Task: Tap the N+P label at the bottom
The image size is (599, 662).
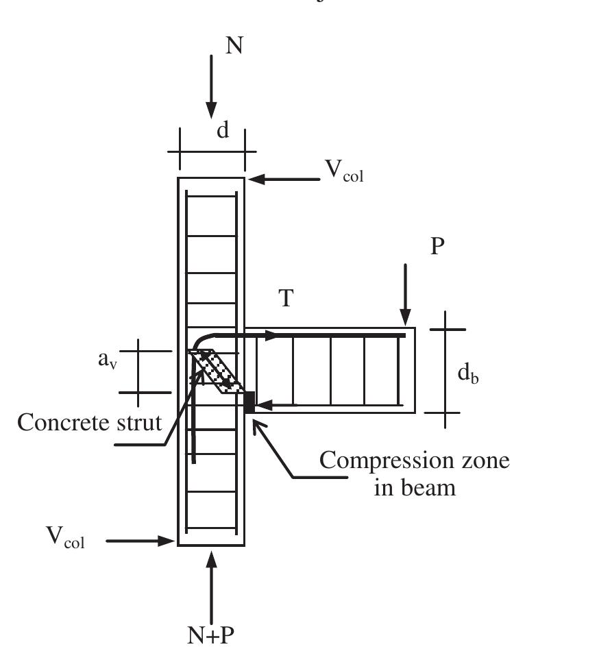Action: (211, 635)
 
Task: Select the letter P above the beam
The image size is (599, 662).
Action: (439, 247)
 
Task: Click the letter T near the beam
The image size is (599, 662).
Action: (287, 298)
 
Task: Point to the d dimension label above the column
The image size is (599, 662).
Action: (223, 130)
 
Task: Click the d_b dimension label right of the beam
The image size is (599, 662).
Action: (468, 373)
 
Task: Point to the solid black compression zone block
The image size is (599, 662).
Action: (249, 402)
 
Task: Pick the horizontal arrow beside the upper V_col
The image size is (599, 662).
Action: (284, 180)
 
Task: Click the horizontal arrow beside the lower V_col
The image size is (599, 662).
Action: (141, 541)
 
